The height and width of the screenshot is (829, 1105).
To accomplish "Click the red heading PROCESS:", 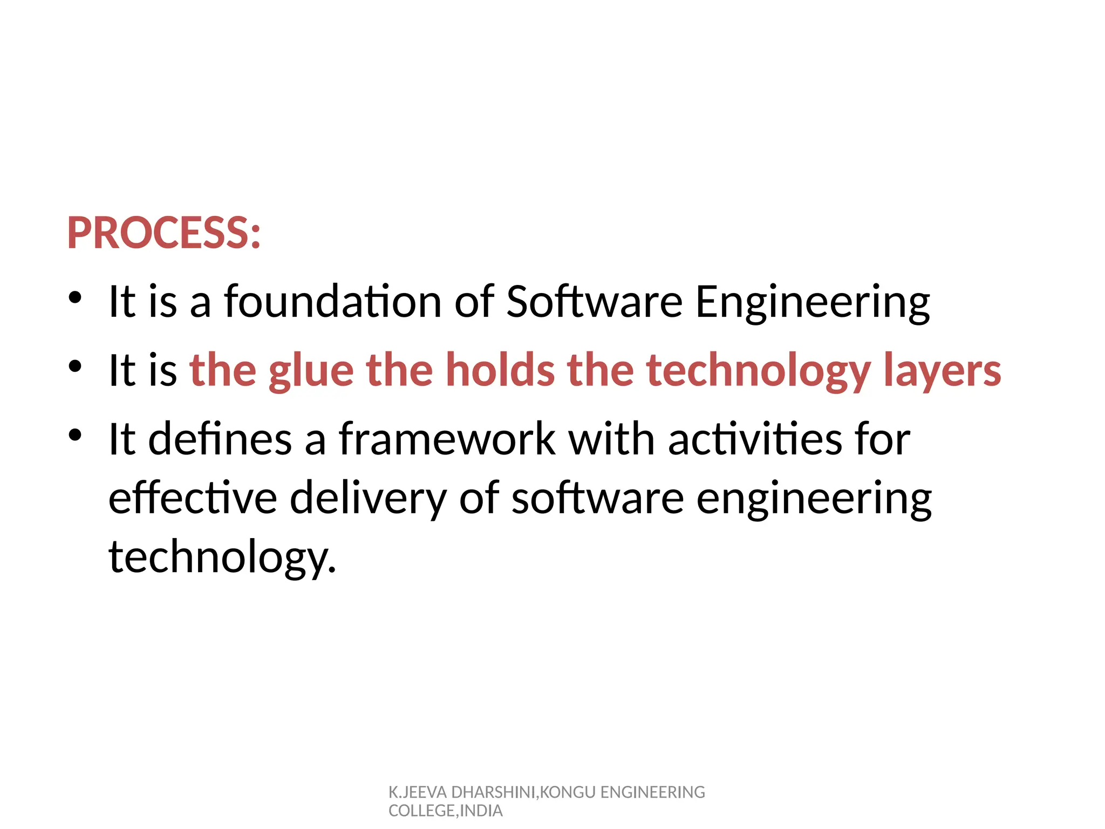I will [x=164, y=233].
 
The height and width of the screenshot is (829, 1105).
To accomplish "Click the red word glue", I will [x=311, y=371].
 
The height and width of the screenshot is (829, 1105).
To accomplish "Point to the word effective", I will [x=193, y=497].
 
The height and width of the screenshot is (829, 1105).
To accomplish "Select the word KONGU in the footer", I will [x=568, y=792].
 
